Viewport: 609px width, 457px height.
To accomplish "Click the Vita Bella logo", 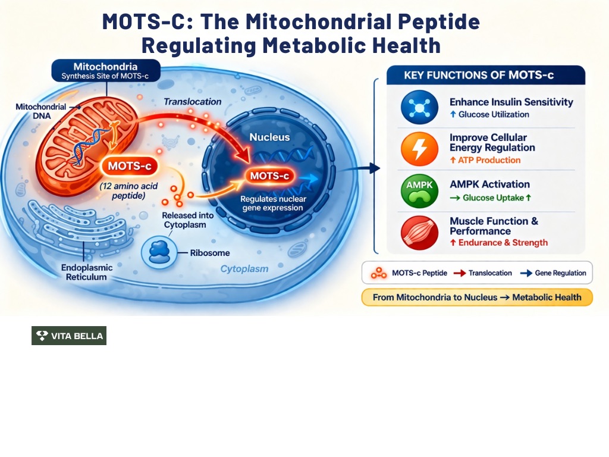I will (x=69, y=336).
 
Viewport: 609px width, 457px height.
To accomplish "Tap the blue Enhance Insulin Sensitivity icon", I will (x=419, y=107).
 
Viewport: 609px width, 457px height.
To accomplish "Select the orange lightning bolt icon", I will (x=419, y=148).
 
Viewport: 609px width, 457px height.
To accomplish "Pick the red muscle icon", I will (x=419, y=232).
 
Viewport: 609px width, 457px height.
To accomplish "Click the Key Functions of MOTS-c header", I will (x=486, y=76).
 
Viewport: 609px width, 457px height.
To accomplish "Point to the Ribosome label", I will (x=209, y=253).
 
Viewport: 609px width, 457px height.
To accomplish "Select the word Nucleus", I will (x=269, y=137).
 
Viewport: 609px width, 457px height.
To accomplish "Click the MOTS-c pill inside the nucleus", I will (x=269, y=176).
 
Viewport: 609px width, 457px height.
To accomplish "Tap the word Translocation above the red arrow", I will (x=192, y=102).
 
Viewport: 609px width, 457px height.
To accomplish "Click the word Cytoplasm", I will (x=244, y=269).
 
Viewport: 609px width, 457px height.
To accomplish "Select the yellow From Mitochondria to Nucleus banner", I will (x=477, y=297).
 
